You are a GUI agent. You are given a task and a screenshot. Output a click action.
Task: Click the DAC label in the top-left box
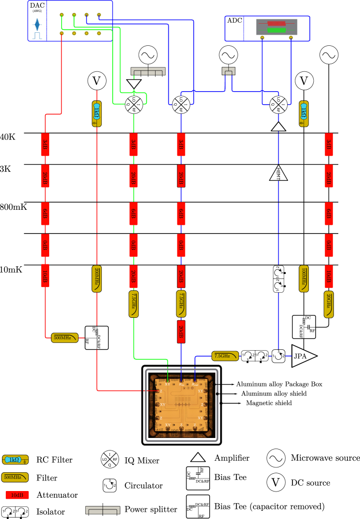37,5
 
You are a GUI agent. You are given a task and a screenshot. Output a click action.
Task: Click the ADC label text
235,21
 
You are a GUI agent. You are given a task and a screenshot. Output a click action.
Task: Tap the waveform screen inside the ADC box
277,27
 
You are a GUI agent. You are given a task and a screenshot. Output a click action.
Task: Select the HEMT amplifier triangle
279,173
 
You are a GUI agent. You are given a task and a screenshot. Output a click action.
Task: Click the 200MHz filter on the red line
97,279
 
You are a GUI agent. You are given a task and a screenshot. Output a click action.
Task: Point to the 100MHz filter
304,279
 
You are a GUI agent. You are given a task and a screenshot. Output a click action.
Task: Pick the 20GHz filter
329,304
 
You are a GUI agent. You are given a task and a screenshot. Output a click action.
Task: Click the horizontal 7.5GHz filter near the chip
225,356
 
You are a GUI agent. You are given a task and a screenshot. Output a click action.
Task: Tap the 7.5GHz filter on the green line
133,304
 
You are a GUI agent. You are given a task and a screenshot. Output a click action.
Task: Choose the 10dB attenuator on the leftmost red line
45,276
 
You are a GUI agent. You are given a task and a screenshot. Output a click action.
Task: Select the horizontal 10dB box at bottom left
17,495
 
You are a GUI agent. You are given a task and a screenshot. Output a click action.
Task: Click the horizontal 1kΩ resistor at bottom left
15,460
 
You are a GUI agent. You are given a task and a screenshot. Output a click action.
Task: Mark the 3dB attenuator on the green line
133,145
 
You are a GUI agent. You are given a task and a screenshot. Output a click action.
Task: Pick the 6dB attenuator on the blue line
181,214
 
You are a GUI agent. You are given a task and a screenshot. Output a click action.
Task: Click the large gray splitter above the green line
148,71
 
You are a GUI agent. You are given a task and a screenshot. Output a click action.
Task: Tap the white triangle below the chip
198,457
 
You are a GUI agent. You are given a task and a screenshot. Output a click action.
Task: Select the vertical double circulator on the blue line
279,279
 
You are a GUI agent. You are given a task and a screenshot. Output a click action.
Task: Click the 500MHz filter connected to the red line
65,338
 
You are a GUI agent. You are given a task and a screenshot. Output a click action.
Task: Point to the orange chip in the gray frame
182,405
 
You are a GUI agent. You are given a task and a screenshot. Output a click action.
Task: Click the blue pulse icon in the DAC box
37,24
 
